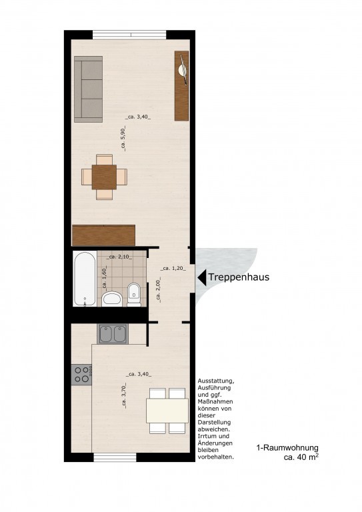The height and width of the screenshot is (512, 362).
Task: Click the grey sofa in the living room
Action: tap(88, 90)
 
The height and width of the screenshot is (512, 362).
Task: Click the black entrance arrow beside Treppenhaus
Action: tap(201, 277)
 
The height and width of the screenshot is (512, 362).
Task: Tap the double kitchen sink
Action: tap(113, 333)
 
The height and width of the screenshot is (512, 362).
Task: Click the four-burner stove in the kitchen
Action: tap(81, 375)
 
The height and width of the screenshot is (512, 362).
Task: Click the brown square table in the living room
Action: tap(104, 177)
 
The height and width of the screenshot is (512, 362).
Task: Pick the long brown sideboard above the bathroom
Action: tap(103, 235)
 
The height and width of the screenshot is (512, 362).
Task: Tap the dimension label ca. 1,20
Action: tap(172, 269)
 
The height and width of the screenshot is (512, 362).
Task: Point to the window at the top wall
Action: tap(129, 34)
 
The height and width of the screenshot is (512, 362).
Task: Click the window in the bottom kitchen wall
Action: tap(115, 457)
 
